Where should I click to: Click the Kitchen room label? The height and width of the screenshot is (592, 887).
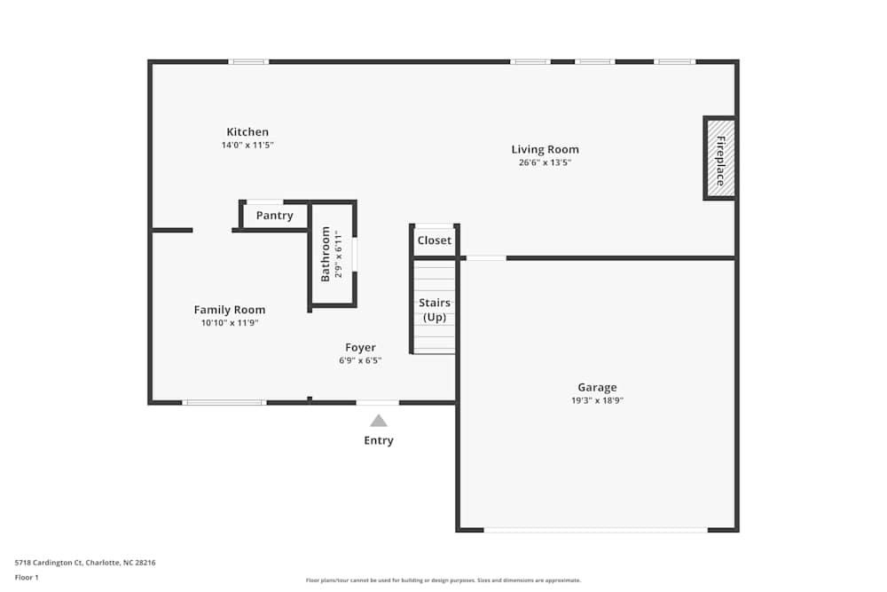point(247,132)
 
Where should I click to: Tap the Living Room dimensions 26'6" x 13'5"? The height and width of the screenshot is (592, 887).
point(545,162)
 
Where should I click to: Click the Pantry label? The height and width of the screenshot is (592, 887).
point(274,216)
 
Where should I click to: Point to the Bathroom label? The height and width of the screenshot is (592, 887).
point(326,254)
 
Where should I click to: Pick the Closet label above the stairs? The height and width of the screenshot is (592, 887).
point(435,241)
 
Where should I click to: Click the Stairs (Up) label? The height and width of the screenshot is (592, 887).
point(435,310)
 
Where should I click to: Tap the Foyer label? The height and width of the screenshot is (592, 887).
point(360,348)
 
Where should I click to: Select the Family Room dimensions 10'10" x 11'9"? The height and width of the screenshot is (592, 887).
point(230,323)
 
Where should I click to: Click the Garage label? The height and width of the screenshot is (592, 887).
point(597,387)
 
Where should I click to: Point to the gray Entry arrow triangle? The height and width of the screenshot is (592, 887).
point(379,422)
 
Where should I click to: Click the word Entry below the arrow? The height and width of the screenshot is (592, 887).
point(379,440)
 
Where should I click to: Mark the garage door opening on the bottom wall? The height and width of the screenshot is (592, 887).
point(595,530)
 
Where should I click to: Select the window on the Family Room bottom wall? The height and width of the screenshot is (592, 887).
point(224,403)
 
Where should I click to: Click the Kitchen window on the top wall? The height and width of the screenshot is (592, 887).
point(248,62)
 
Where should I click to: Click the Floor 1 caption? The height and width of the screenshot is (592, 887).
point(27,577)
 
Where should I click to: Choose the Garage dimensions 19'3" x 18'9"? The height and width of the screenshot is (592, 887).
point(597,400)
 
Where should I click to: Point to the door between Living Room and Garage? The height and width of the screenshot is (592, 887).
point(486,258)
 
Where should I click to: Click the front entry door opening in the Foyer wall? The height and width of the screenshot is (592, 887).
point(378,403)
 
